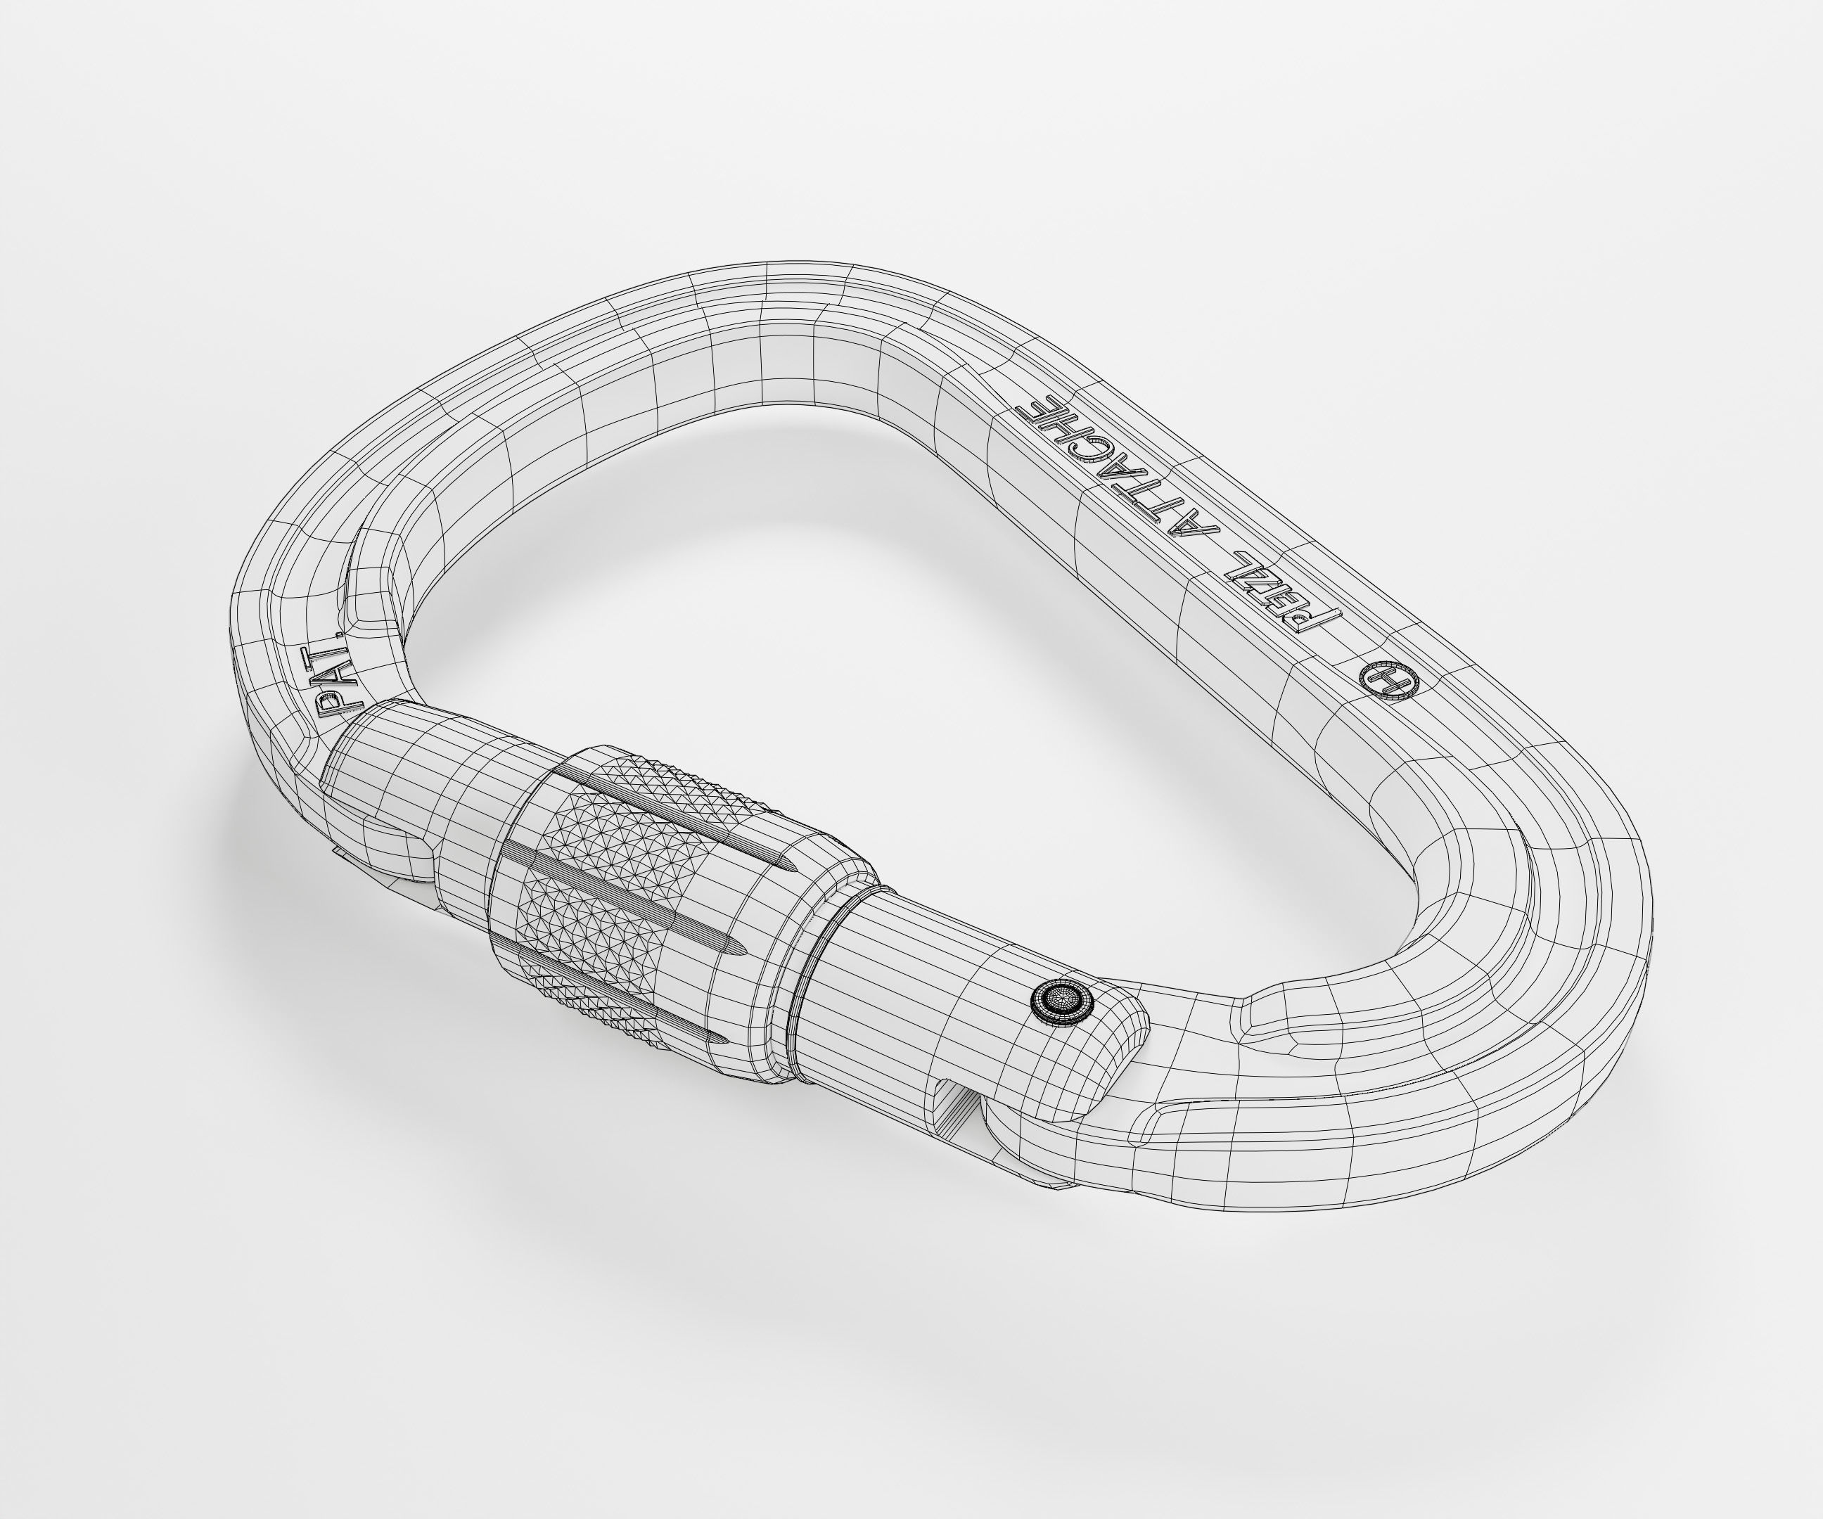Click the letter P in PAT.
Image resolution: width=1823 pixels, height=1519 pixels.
point(330,707)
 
